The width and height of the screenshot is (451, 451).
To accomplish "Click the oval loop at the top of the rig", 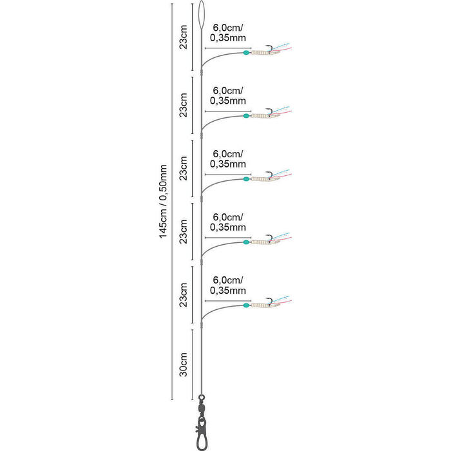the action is pyautogui.click(x=199, y=14).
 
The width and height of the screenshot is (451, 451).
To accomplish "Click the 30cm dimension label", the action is pyautogui.click(x=183, y=365).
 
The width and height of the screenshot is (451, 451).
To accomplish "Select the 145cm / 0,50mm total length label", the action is pyautogui.click(x=163, y=201).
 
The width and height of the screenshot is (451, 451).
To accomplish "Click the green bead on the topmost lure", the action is pyautogui.click(x=246, y=53).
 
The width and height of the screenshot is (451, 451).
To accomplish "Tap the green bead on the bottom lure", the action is pyautogui.click(x=246, y=305).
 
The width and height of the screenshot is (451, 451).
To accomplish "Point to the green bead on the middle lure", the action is pyautogui.click(x=246, y=179).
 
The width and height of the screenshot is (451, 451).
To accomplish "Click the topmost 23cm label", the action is pyautogui.click(x=183, y=37).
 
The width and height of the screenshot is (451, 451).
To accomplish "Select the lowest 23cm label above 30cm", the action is pyautogui.click(x=183, y=295).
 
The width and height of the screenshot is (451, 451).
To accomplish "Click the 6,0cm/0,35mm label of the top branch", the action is pyautogui.click(x=228, y=32).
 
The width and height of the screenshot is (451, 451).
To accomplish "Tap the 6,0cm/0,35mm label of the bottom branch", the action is pyautogui.click(x=228, y=285).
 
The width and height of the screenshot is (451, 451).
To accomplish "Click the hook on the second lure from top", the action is pyautogui.click(x=270, y=111).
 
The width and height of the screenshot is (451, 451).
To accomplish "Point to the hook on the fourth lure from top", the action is pyautogui.click(x=270, y=238).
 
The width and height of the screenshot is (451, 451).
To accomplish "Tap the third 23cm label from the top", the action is pyautogui.click(x=183, y=168).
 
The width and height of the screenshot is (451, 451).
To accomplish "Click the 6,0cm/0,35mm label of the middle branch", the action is pyautogui.click(x=228, y=158).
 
